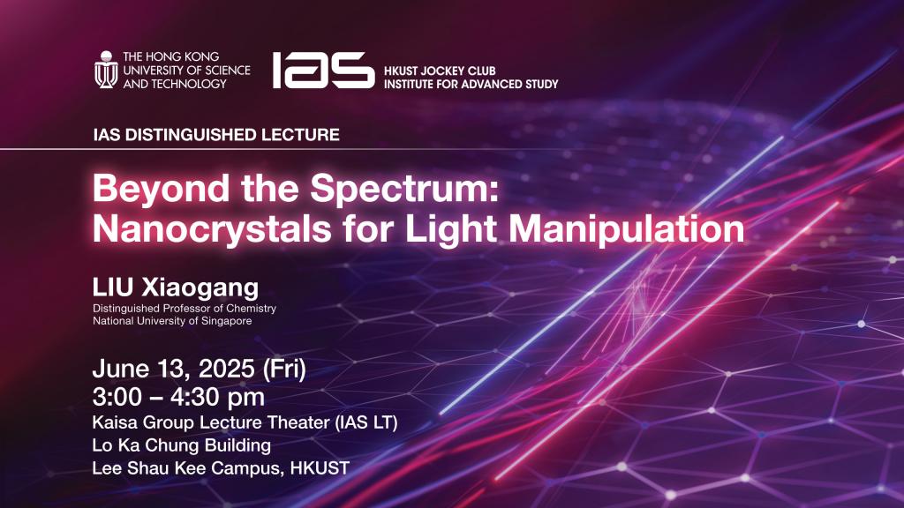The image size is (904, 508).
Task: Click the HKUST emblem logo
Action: pyautogui.click(x=106, y=69)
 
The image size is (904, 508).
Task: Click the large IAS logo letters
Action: pyautogui.click(x=322, y=70)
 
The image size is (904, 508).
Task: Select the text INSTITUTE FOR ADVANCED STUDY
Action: pyautogui.click(x=471, y=83)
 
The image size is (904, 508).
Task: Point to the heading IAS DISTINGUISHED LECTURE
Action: pyautogui.click(x=215, y=136)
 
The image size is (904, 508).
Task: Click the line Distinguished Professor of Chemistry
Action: pyautogui.click(x=184, y=309)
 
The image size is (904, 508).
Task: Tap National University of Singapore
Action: pyautogui.click(x=171, y=321)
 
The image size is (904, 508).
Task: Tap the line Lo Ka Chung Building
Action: pyautogui.click(x=181, y=445)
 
